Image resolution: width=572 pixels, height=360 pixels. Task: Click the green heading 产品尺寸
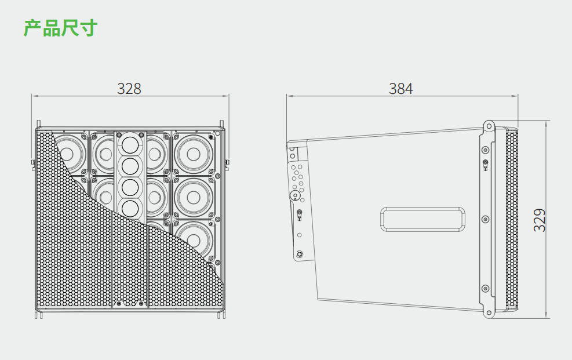60,28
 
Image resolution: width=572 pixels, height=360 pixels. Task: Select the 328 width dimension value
129,89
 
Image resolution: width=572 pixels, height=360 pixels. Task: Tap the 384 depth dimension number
401,89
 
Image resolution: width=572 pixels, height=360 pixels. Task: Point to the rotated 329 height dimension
540,220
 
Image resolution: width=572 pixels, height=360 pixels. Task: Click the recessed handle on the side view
423,219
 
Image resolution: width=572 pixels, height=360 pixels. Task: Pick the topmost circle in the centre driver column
130,145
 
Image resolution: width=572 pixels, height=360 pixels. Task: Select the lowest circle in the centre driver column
130,209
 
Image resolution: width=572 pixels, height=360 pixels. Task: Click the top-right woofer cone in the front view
194,154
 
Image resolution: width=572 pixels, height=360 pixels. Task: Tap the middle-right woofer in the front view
194,197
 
